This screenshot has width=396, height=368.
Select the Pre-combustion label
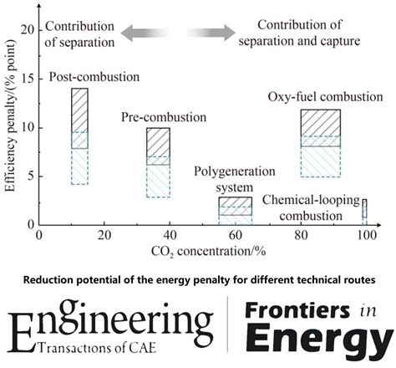point(164,116)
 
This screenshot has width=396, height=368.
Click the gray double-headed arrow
point(179,33)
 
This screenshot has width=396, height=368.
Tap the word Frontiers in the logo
point(302,310)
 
